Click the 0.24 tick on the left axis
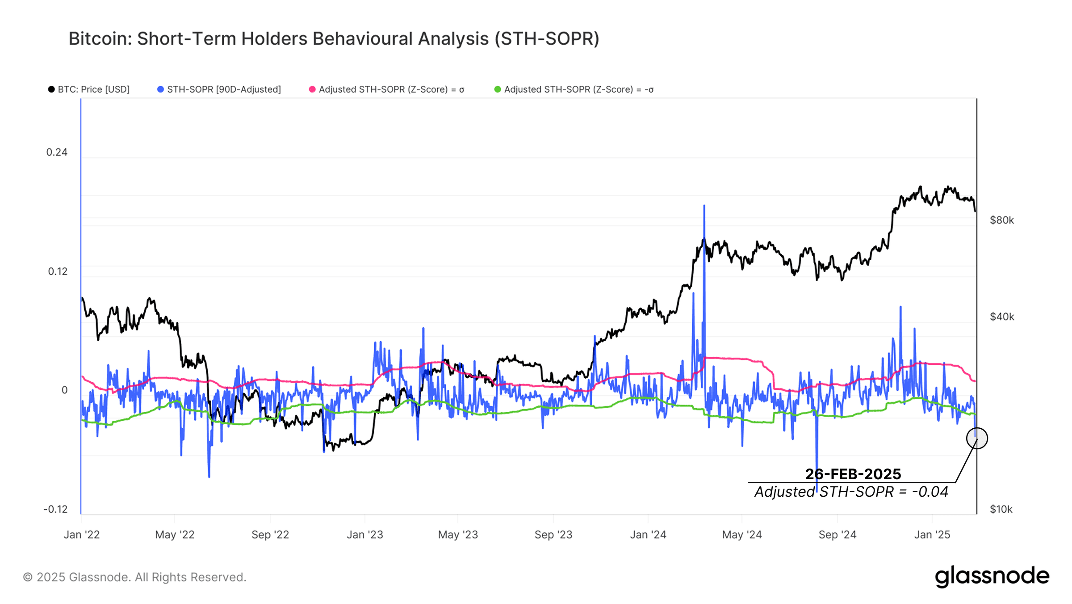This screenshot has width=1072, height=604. click(57, 152)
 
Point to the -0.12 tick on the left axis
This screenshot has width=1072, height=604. click(55, 509)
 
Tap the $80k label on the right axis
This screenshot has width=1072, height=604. click(1002, 220)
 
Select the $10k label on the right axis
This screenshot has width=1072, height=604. click(1001, 509)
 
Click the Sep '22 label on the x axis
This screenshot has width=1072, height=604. click(270, 535)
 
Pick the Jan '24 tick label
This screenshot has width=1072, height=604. click(648, 535)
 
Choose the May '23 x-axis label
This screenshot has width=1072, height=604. click(458, 535)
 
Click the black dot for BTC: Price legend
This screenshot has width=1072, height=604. click(51, 89)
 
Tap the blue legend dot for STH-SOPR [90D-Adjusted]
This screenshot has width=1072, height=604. click(160, 89)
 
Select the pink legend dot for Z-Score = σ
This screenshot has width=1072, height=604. click(312, 89)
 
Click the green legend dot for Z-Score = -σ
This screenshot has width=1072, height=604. click(498, 89)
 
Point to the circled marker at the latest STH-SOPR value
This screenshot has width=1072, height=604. click(977, 438)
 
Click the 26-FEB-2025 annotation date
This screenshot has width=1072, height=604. click(853, 474)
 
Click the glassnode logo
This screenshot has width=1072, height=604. click(992, 576)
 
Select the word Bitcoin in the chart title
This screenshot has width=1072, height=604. click(99, 39)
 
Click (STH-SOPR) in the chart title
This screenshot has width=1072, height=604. click(547, 39)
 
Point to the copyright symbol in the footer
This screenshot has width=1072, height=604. click(28, 577)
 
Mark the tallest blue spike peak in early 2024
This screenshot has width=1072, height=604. click(704, 206)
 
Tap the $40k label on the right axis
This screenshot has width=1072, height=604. click(1002, 317)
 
